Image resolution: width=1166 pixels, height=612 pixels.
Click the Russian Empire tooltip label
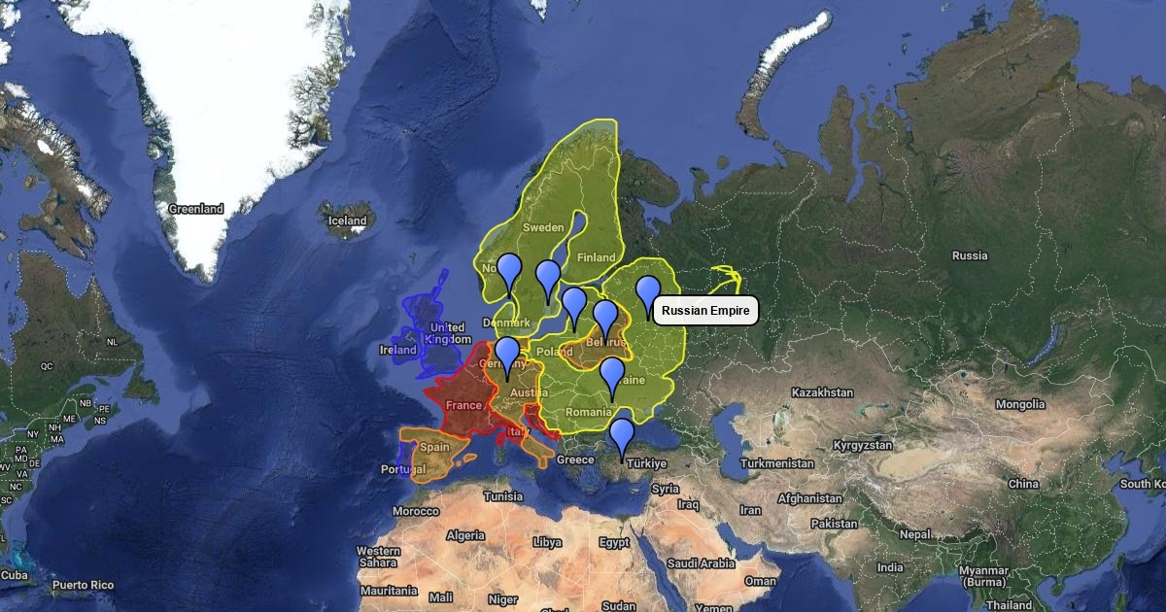[x=706, y=311]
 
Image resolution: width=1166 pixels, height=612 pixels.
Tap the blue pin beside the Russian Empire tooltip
[x=648, y=292]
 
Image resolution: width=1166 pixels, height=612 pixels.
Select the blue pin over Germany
[x=507, y=354]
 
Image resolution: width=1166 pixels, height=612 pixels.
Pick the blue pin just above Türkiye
[x=622, y=435]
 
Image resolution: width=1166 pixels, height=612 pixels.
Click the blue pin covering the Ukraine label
[x=611, y=374]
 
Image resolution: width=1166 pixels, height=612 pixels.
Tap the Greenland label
[x=196, y=209]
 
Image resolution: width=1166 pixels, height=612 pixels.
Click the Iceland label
[x=347, y=221]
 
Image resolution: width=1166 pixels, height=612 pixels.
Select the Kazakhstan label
[x=822, y=392]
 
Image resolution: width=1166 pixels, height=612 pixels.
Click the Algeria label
[x=465, y=535]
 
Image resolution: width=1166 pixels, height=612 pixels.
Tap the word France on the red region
[x=463, y=405]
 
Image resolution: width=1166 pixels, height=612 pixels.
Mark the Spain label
[x=434, y=448]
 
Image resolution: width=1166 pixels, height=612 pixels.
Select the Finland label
[x=596, y=257]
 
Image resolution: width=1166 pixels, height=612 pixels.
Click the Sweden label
[x=543, y=227]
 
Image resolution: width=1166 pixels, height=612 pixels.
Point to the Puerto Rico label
[x=83, y=585]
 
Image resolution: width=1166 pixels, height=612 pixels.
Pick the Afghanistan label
[x=809, y=498]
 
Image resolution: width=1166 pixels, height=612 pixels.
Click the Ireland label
[x=398, y=350]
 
